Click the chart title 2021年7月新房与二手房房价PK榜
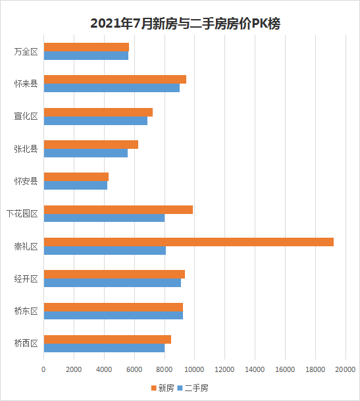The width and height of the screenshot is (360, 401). [x=185, y=24]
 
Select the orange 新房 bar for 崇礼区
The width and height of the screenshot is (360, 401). [x=189, y=242]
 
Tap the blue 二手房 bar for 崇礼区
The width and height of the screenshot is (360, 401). [x=105, y=251]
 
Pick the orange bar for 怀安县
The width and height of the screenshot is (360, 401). [x=76, y=177]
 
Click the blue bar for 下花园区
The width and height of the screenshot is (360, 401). [x=105, y=218]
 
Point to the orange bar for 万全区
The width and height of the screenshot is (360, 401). [x=86, y=47]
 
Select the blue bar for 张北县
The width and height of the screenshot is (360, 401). [x=86, y=153]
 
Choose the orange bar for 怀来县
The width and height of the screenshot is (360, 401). [x=115, y=79]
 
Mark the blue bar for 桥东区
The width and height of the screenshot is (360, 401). [x=113, y=315]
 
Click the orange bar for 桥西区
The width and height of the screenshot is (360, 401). [x=107, y=339]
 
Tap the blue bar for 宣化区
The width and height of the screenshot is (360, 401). [x=95, y=120]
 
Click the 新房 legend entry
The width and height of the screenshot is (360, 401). [x=163, y=388]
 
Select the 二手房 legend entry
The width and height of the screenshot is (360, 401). [x=193, y=388]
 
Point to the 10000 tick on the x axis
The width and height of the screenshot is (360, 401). [x=194, y=369]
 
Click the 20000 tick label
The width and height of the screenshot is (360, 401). [x=346, y=369]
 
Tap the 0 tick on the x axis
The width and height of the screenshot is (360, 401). [x=43, y=369]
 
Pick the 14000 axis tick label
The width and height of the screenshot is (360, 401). [x=255, y=369]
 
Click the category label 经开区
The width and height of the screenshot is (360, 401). [x=26, y=279]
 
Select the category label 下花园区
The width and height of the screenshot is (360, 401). [x=22, y=213]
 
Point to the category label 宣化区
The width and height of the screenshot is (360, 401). [x=26, y=117]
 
